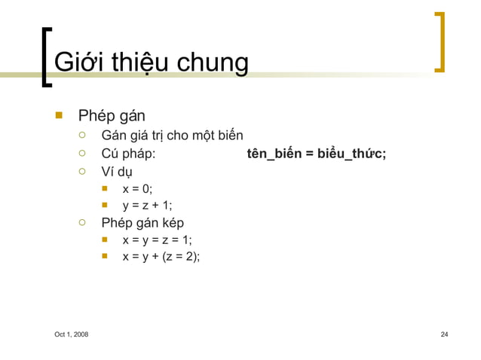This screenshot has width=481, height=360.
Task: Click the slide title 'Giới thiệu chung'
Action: point(151,62)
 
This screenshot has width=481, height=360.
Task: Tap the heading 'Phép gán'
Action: point(112,116)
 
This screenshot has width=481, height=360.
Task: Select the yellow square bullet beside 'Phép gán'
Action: point(57,115)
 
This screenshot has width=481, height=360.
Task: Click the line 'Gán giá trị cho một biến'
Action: point(172,136)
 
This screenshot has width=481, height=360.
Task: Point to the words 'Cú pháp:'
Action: point(128,154)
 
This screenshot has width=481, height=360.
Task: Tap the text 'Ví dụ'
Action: point(117,172)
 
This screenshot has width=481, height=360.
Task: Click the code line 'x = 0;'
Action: point(137,189)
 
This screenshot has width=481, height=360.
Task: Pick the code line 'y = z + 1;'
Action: point(147,206)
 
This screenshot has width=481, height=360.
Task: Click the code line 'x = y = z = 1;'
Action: point(157,240)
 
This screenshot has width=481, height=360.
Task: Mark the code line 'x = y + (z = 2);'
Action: point(161,257)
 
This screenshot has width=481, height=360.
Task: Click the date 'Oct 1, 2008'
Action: point(71,334)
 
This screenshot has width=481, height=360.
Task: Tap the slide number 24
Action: point(444,334)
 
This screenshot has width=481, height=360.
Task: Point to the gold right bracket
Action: point(440,41)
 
